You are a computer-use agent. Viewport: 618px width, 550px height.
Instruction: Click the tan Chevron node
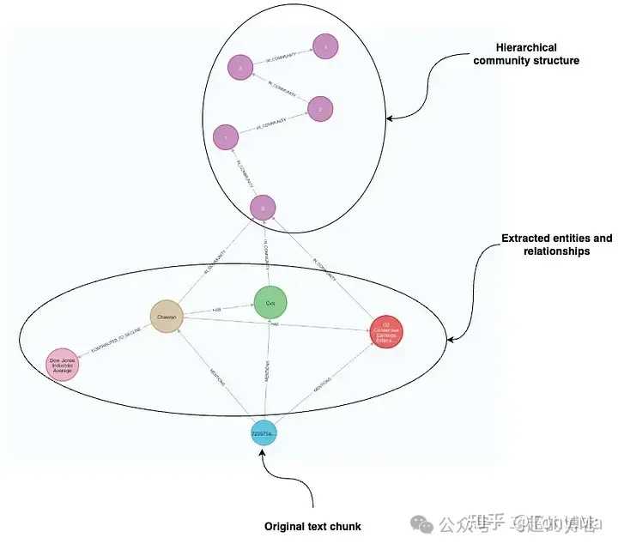tap(168, 316)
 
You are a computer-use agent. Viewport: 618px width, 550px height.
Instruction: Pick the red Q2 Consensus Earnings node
tap(386, 331)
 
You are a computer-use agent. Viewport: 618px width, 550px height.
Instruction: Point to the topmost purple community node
tap(325, 46)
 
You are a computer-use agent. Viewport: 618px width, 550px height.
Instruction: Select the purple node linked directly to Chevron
tap(263, 206)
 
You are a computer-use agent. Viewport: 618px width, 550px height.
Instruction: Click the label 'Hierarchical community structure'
tap(538, 53)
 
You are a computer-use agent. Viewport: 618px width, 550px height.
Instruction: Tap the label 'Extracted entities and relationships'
tap(556, 245)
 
